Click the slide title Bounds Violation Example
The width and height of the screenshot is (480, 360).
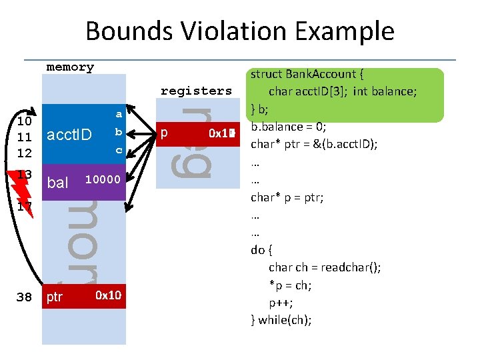(240, 31)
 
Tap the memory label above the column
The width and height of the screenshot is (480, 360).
(70, 67)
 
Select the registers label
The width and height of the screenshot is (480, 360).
(196, 91)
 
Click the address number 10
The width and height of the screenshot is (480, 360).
(25, 121)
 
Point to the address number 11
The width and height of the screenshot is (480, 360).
(25, 137)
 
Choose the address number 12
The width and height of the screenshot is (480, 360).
(25, 153)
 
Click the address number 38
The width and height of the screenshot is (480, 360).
(24, 297)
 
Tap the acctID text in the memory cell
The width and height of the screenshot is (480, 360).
(68, 136)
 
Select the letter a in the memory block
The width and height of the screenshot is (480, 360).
(119, 114)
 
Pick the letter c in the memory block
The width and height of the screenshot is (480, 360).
(119, 150)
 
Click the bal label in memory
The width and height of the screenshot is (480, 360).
(58, 182)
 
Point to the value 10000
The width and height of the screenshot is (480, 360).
(103, 179)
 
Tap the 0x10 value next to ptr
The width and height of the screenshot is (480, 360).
(108, 295)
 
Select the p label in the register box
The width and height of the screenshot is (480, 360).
(164, 132)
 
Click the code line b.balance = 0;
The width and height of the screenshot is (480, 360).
(288, 126)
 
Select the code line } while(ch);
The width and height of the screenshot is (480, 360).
(281, 319)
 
